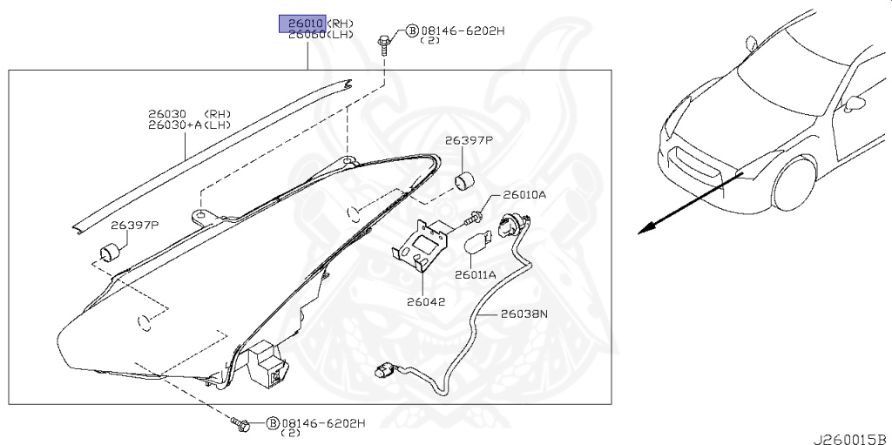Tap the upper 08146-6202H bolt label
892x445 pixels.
point(462,30)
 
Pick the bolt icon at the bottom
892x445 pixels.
point(241,424)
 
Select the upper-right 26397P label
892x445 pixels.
point(469,139)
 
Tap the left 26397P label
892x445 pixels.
point(136,226)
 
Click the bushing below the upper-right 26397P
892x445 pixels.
point(466,181)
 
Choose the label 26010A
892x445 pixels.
point(524,195)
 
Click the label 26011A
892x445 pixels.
point(475,274)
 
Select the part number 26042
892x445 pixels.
point(425,302)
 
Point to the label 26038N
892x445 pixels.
point(524,314)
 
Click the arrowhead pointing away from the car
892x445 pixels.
point(645,229)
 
